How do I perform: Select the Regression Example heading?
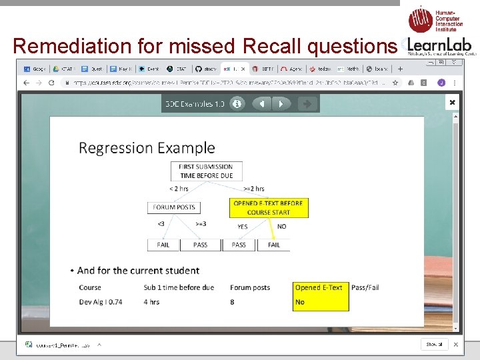coord(147,147)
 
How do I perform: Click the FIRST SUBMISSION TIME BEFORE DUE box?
coord(206,171)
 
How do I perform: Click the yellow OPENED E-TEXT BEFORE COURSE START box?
coord(268,207)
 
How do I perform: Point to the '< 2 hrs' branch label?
coord(179,189)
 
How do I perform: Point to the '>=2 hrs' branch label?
coord(254,189)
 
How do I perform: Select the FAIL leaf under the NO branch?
coord(274,245)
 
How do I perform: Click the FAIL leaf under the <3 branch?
coord(163,245)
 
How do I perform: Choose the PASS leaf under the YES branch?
coord(239,245)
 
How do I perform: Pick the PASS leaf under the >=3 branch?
coord(200,245)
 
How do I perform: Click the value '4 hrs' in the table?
coord(151,302)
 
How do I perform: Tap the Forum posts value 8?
coord(233,302)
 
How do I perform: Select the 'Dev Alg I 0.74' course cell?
coord(101,302)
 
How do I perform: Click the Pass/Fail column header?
coord(365,287)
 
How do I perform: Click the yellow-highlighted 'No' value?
coord(300,302)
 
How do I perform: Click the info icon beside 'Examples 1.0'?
coord(237,104)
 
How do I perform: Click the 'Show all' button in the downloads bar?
coord(434,344)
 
